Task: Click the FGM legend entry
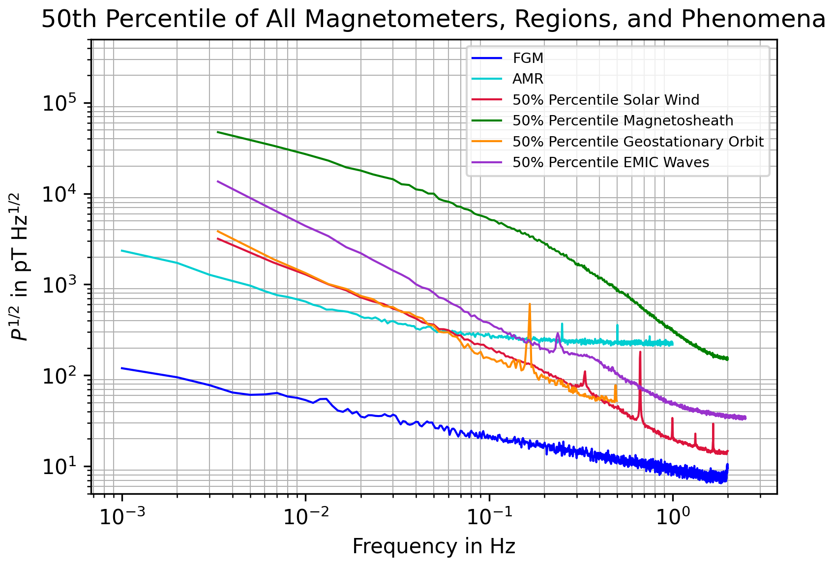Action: (528, 58)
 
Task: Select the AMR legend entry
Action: (528, 79)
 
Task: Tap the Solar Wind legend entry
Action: (605, 100)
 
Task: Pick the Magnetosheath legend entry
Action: (623, 120)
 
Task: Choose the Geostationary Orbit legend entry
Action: (638, 142)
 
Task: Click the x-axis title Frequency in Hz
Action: (434, 547)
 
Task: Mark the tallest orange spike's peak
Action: (530, 304)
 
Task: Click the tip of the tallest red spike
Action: (640, 352)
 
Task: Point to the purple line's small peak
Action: (558, 333)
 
